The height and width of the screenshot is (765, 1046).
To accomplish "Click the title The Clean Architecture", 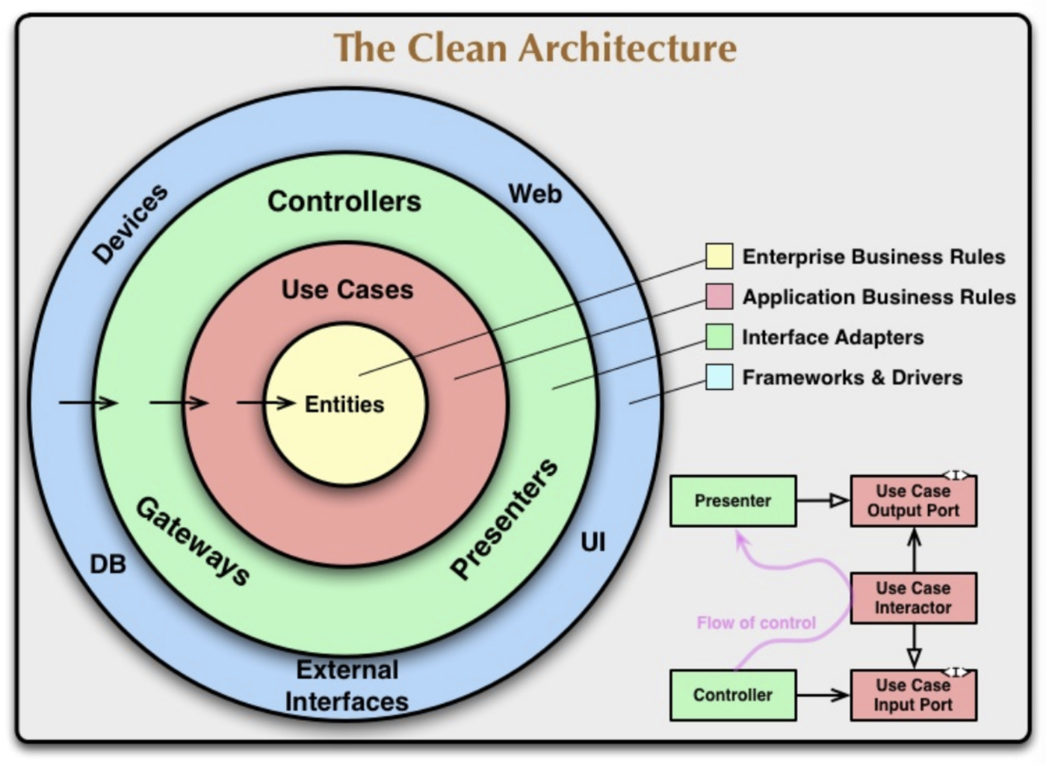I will pos(535,48).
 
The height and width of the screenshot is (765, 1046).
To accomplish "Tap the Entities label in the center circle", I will pos(344,404).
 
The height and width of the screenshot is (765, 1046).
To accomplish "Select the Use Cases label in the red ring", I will pos(347,290).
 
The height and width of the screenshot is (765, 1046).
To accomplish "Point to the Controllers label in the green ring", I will pos(344,202).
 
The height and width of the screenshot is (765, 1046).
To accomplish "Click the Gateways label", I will pos(193,541).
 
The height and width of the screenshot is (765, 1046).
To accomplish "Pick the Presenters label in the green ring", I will pos(504,518).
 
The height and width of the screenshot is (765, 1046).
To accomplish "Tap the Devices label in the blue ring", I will pos(130,224).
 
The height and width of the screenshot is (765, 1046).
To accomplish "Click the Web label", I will pos(535,194).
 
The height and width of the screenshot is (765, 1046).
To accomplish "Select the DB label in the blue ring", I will pos(108,565).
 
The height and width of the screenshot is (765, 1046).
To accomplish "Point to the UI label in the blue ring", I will pos(592,542).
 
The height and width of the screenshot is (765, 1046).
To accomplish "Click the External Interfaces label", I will pos(347,686).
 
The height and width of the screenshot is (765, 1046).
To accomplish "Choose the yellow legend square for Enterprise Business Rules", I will pos(719,256).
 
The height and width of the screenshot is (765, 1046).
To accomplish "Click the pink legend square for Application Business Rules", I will pos(719,297).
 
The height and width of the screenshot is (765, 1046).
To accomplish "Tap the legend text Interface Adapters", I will pos(832,338).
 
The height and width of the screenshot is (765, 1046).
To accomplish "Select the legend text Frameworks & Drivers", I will pos(852,378).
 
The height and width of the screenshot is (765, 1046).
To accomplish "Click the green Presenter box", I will pos(733,501).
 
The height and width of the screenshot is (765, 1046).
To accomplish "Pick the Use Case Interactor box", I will pos(913,598).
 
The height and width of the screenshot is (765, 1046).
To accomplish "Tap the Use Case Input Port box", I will pos(913,695).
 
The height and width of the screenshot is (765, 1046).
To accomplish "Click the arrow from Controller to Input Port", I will pos(823,696).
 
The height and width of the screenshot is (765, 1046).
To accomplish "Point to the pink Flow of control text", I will pos(756,623).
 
